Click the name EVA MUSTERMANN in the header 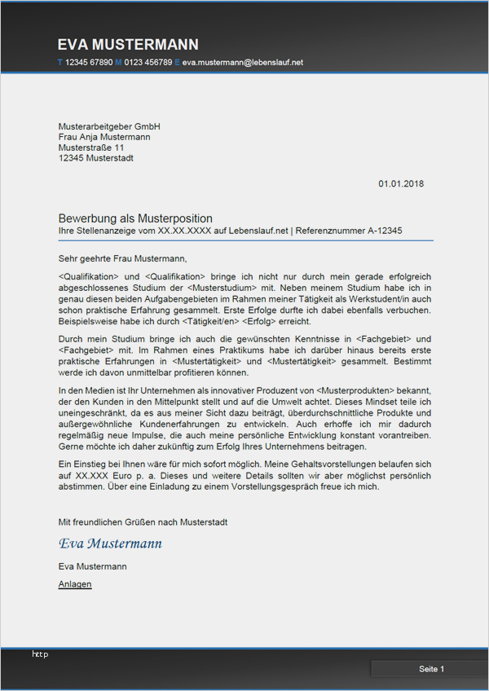click(128, 45)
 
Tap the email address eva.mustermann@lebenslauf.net click(243, 62)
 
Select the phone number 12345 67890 click(89, 62)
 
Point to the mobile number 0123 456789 click(148, 62)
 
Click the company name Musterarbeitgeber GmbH click(109, 126)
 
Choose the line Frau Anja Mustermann click(104, 137)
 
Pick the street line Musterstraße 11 click(91, 147)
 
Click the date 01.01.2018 click(401, 184)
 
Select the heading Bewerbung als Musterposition click(135, 218)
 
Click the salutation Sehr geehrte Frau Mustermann click(122, 258)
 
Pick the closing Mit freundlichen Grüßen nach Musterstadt click(143, 522)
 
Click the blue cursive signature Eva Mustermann click(110, 544)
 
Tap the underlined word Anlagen click(75, 584)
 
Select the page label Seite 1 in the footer click(432, 669)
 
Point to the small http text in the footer click(40, 654)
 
